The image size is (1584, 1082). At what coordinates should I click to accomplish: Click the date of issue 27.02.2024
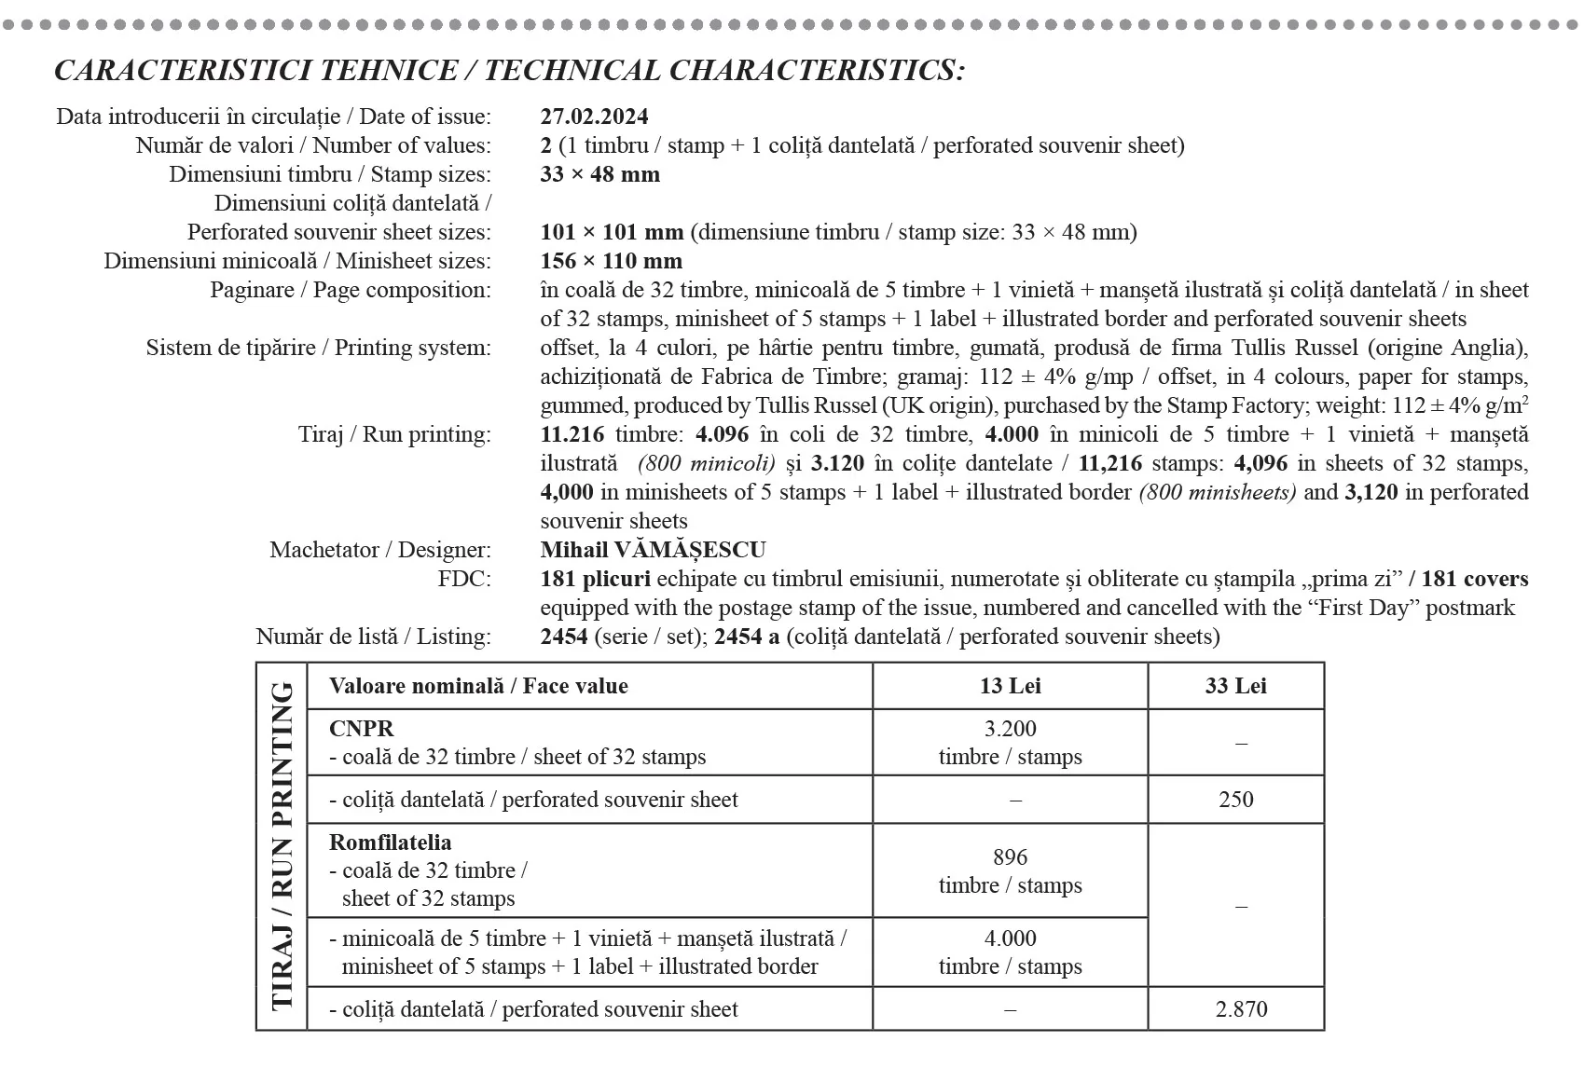pos(594,116)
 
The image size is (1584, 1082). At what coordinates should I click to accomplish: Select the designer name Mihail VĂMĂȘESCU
pos(653,550)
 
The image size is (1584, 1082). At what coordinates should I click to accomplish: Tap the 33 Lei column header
pos(1235,686)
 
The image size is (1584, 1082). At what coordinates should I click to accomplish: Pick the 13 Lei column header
pos(1010,686)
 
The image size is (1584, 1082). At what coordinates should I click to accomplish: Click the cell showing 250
pos(1235,800)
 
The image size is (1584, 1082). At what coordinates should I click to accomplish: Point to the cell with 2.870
pos(1241,1009)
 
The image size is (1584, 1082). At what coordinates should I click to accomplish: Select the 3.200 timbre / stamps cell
pos(1010,742)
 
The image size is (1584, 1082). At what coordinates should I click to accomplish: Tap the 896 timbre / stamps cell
pos(1010,870)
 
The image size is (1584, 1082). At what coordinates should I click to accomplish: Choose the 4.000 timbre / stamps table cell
pos(1010,952)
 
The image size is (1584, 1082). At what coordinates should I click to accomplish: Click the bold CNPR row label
pos(361,729)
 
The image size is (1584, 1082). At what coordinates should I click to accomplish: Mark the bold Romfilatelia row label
pos(390,842)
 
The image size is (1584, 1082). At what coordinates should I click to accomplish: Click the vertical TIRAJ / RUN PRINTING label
pos(282,846)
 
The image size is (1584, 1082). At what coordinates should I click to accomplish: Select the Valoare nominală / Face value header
pos(478,686)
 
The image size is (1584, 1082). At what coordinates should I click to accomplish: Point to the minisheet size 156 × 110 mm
pos(611,261)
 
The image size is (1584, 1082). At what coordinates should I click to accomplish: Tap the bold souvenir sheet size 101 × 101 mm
pos(612,232)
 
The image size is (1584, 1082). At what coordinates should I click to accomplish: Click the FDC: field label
pos(463,579)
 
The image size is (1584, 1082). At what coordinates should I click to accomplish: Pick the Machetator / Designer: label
pos(379,550)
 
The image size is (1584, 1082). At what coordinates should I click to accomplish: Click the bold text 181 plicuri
pos(595,579)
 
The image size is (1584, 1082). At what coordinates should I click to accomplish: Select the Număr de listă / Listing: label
pos(373,637)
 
